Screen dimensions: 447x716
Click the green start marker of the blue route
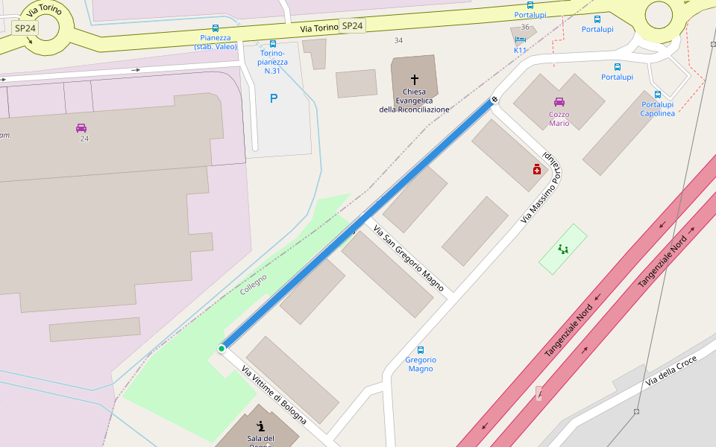(222, 349)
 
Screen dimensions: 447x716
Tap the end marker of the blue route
(494, 99)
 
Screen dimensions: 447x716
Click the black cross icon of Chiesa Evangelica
(415, 79)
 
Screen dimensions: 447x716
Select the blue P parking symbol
(274, 98)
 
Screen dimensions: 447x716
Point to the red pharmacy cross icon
(537, 170)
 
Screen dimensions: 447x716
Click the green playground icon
(563, 250)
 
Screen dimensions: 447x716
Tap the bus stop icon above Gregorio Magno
(421, 349)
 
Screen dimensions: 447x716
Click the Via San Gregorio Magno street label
(408, 258)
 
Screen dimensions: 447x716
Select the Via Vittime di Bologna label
(274, 395)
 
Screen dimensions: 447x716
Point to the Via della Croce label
(671, 370)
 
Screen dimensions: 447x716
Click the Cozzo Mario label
(559, 118)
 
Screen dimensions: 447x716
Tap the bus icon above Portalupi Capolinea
(658, 95)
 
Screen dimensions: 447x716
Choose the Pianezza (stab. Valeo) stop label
(216, 42)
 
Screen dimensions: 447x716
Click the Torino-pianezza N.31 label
(272, 62)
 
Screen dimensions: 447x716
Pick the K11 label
(520, 50)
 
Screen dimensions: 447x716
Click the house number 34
(398, 40)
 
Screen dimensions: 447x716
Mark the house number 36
(525, 27)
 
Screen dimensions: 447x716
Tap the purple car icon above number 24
(81, 127)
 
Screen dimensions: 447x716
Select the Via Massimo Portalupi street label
(542, 187)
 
